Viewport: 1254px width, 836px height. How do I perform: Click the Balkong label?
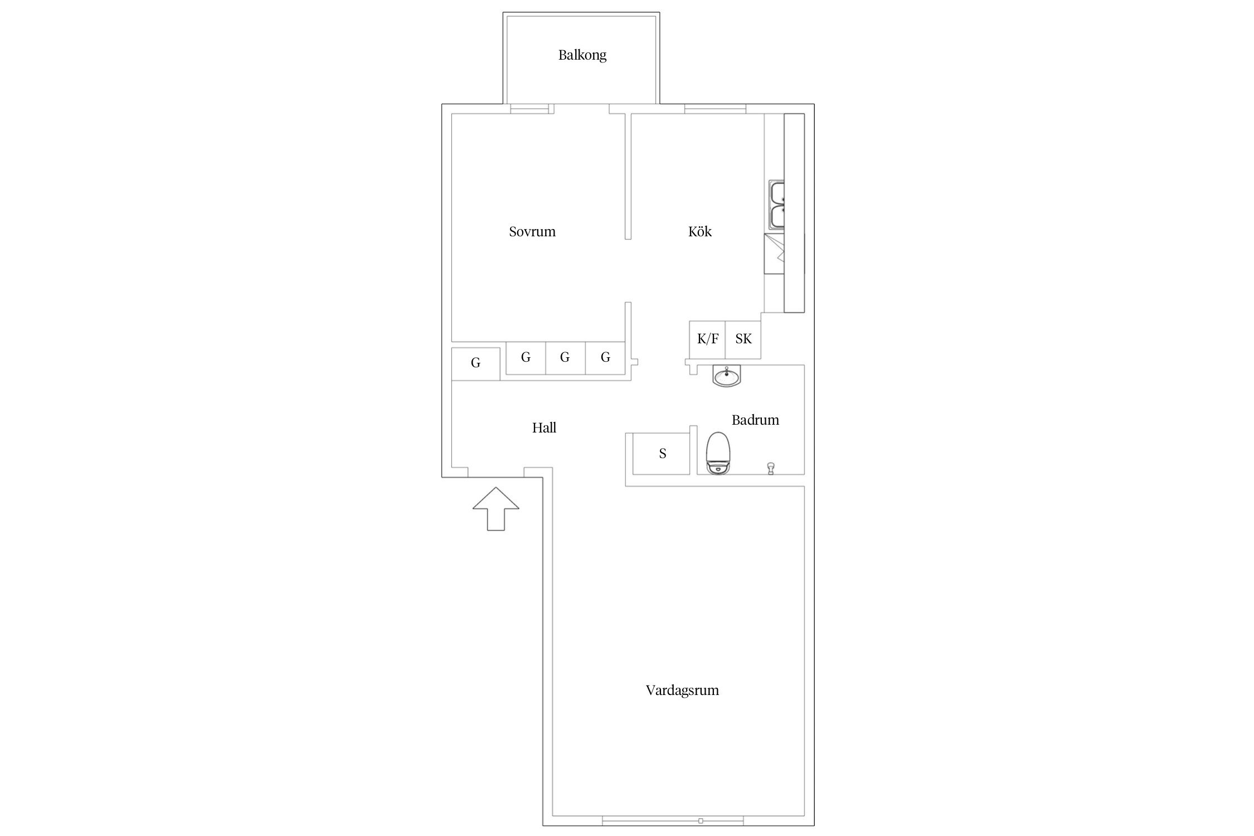pos(582,55)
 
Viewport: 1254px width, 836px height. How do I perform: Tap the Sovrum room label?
pos(532,231)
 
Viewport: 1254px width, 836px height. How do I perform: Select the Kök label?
pos(700,231)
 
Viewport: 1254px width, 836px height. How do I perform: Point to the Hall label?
pos(544,427)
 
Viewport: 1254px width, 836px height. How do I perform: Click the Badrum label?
pos(755,420)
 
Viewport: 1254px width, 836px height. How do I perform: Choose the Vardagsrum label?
pos(682,691)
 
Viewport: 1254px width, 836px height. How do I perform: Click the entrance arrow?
pos(495,509)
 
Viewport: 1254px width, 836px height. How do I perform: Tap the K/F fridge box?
pos(707,339)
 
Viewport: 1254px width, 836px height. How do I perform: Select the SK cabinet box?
pos(743,339)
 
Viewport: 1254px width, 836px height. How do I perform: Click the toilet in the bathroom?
pos(719,453)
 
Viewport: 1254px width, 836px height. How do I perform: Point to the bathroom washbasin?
pos(727,376)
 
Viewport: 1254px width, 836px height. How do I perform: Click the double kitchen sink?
pos(777,205)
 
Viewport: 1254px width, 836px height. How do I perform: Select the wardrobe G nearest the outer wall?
pos(475,363)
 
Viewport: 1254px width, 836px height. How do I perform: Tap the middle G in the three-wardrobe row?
pos(565,358)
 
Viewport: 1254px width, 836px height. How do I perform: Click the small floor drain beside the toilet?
pos(771,467)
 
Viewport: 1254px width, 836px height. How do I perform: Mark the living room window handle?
pos(701,821)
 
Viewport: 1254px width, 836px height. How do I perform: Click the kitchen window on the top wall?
pos(715,109)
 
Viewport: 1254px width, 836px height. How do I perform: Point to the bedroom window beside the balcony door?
pos(530,109)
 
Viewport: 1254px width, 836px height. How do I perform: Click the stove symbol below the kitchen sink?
pos(775,254)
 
